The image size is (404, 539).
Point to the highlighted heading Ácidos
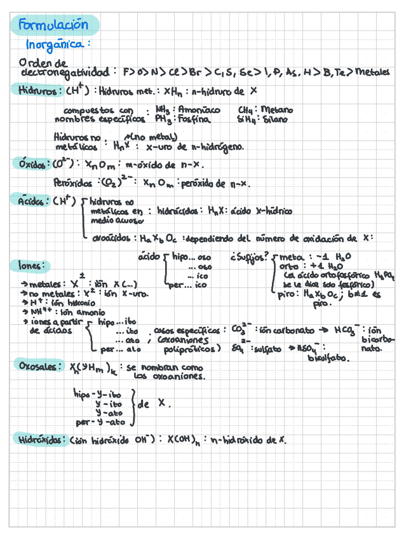point(30,201)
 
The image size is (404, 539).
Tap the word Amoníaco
point(199,109)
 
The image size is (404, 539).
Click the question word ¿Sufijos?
point(248,257)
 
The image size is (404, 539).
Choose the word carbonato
point(299,331)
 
